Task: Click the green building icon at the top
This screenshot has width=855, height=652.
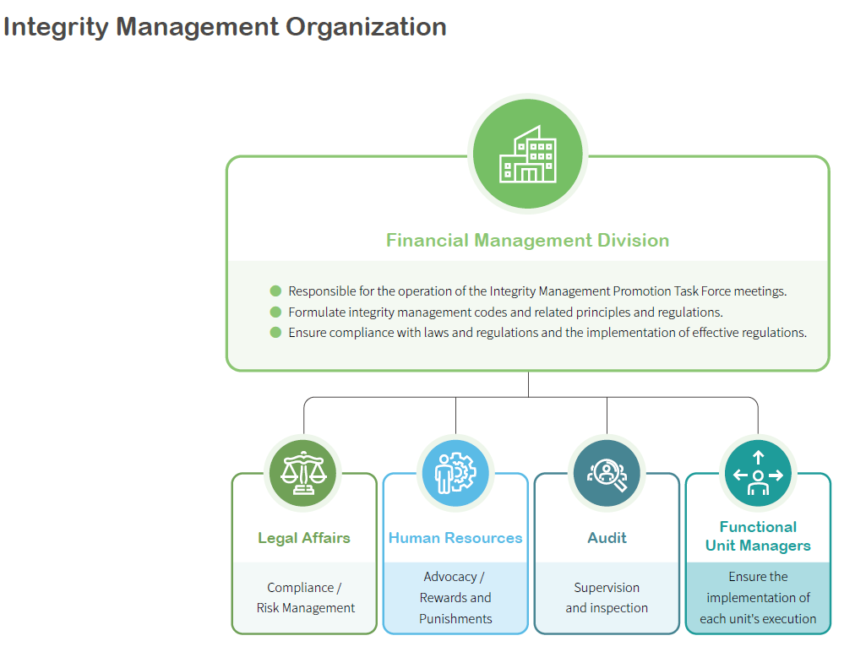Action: [528, 153]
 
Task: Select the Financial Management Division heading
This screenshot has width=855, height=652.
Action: [527, 241]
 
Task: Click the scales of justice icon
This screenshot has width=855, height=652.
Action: [303, 473]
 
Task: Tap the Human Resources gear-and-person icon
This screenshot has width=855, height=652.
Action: [455, 473]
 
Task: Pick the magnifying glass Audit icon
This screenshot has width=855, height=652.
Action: [607, 473]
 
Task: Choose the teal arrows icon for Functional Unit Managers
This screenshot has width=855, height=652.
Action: [758, 474]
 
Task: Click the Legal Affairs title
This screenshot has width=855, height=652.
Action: [303, 538]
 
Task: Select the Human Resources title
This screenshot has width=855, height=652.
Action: [455, 538]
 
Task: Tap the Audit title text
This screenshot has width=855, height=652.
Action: [607, 538]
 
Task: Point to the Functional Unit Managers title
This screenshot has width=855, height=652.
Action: [758, 536]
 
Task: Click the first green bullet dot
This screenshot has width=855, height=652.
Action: [275, 291]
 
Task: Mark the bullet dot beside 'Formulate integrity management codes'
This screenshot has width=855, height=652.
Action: [275, 312]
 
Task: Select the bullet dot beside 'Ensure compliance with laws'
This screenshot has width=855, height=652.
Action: [275, 332]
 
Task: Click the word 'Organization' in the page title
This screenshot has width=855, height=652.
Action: [366, 27]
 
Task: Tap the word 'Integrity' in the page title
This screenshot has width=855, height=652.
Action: [56, 27]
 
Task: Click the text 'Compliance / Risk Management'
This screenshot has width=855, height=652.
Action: [305, 598]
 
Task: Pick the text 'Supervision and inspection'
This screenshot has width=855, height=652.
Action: [607, 598]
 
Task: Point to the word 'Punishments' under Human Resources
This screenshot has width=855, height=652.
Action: [455, 619]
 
